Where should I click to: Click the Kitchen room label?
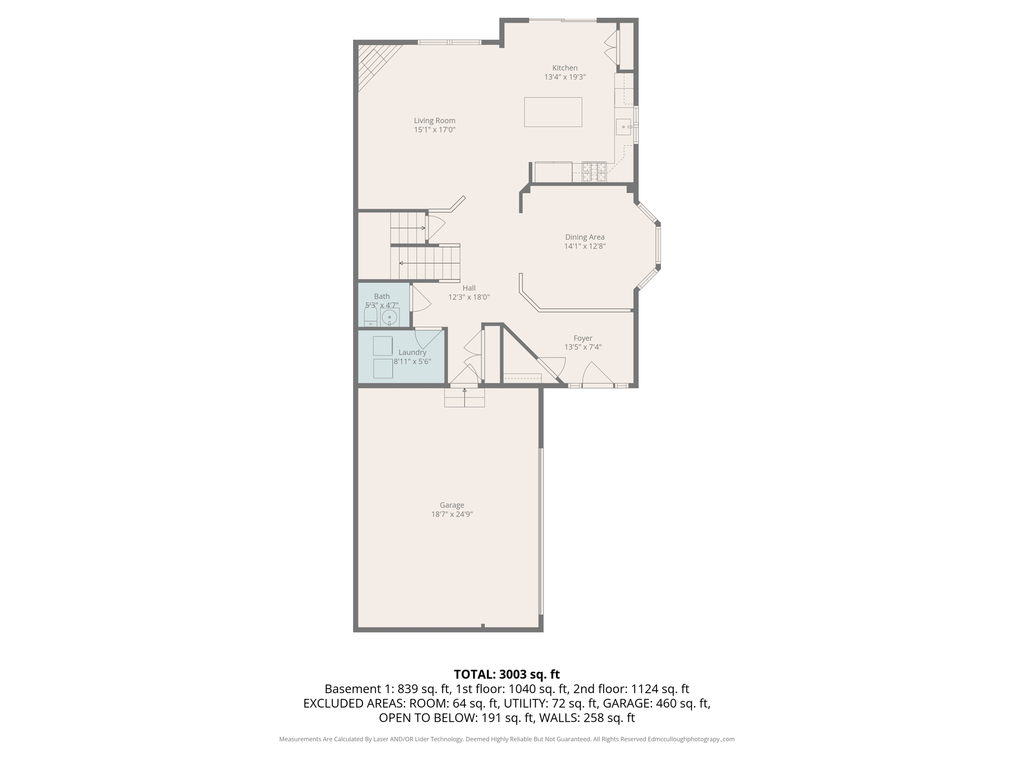coord(564,68)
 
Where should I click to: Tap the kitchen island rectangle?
coord(553,112)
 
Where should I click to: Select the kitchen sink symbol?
coord(623,127)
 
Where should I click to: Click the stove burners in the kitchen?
coord(594,172)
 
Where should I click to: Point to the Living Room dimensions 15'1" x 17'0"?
coord(434,130)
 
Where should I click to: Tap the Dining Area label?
coord(584,237)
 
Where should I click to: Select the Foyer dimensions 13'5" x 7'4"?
coord(583,347)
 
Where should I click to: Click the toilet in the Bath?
coord(370,317)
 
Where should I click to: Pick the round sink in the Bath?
coord(390,317)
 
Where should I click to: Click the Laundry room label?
coord(412,352)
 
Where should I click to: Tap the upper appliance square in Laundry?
coord(383,346)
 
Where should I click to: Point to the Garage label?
coord(452,505)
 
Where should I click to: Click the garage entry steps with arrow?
coord(464,397)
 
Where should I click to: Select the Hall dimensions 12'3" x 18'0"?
coord(468,297)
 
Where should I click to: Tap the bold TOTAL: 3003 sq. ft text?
coord(507,674)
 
